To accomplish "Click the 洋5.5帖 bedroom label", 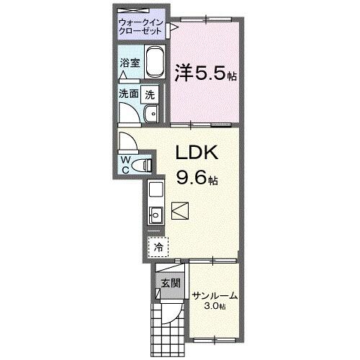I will [205, 73].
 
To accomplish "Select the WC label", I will [125, 164].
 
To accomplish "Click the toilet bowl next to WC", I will [147, 165].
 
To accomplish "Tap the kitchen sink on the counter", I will [156, 214].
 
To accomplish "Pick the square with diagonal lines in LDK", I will [180, 210].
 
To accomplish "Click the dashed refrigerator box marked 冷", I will [158, 246].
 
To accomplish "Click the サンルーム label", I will [215, 295].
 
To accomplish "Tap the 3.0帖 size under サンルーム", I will [214, 307].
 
